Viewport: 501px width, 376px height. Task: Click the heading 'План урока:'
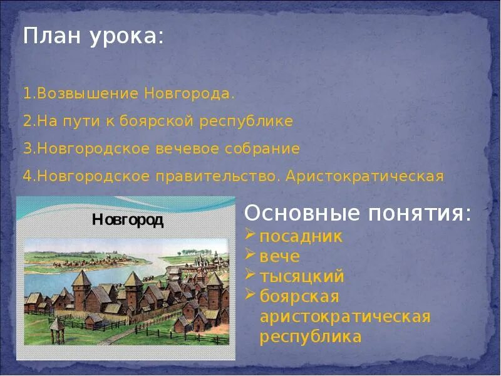pyautogui.click(x=94, y=36)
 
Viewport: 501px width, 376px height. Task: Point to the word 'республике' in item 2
pyautogui.click(x=246, y=122)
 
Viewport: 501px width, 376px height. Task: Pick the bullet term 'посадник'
pyautogui.click(x=301, y=237)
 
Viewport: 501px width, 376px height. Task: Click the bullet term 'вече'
pyautogui.click(x=280, y=257)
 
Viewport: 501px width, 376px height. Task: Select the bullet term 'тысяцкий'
pyautogui.click(x=302, y=276)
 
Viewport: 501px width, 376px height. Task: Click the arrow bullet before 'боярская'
pyautogui.click(x=250, y=294)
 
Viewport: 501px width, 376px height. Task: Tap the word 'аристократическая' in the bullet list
pyautogui.click(x=345, y=316)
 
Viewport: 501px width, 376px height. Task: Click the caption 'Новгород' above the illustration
pyautogui.click(x=128, y=220)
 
